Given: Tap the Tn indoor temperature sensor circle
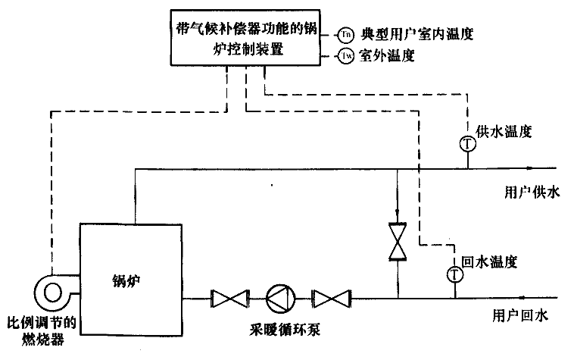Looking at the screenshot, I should [345, 34].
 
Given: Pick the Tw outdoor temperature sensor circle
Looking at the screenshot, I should [345, 56].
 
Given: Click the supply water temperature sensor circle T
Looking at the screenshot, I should [468, 143].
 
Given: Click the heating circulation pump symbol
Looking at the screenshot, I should [277, 298].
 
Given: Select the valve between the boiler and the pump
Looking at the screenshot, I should [226, 298].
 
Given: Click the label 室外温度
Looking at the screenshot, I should [386, 56].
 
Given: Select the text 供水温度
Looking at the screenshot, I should [507, 131].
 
